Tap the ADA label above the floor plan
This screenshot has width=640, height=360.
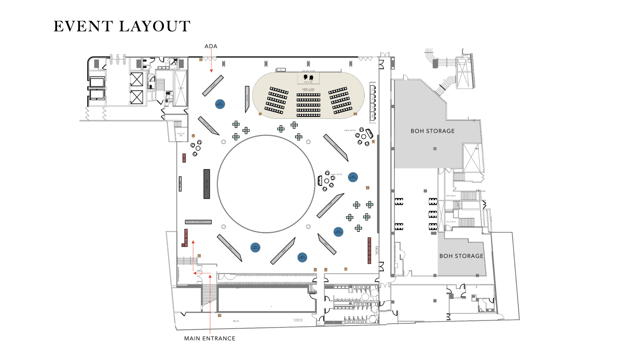click(211, 46)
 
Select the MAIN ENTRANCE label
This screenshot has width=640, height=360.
click(210, 338)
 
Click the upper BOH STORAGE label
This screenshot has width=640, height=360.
click(432, 131)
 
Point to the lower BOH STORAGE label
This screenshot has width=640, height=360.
click(461, 256)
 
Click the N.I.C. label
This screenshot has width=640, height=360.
click(236, 321)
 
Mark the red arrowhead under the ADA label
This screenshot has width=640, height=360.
click(211, 71)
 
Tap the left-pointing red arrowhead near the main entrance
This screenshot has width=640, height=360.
click(195, 273)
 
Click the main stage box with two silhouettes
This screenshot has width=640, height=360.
click(308, 78)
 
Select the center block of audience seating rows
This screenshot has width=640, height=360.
click(308, 105)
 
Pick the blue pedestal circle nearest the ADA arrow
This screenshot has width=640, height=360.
click(220, 104)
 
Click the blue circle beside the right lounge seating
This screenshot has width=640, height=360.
click(353, 177)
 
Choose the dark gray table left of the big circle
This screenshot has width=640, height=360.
click(207, 184)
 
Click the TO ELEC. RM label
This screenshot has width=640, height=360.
click(181, 134)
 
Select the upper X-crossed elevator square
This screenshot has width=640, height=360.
click(137, 79)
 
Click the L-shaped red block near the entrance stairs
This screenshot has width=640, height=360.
click(185, 238)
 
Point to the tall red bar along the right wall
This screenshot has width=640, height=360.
click(369, 250)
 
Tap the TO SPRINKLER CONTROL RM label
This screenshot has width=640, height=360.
click(298, 320)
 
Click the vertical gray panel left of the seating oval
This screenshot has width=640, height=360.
click(247, 99)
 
